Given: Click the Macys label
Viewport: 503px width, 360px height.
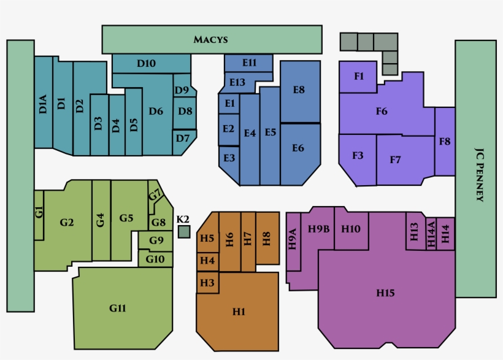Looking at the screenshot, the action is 210,39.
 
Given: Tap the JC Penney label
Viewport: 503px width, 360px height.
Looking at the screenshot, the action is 479,175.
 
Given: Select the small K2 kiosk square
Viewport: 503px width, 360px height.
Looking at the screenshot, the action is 184,232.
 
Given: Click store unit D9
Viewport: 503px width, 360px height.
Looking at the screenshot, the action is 184,86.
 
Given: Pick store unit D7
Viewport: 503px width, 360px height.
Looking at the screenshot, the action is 183,141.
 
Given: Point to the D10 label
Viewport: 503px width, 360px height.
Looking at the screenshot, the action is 146,64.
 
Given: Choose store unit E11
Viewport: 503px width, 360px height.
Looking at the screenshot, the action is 248,63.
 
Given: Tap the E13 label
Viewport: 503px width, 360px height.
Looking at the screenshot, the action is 237,82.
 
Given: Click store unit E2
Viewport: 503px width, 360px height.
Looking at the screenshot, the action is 229,129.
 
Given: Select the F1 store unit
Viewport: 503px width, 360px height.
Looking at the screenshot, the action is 358,77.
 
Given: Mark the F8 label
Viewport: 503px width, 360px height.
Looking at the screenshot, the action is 445,141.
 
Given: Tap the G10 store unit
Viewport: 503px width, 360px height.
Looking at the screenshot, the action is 155,259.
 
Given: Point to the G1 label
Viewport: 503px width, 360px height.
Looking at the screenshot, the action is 39,212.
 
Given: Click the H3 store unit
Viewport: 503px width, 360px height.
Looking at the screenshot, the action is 207,283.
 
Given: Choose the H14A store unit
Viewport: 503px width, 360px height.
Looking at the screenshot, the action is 431,234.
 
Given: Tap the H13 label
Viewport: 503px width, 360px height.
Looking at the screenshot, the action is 414,232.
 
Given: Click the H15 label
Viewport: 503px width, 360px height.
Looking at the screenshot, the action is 385,293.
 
